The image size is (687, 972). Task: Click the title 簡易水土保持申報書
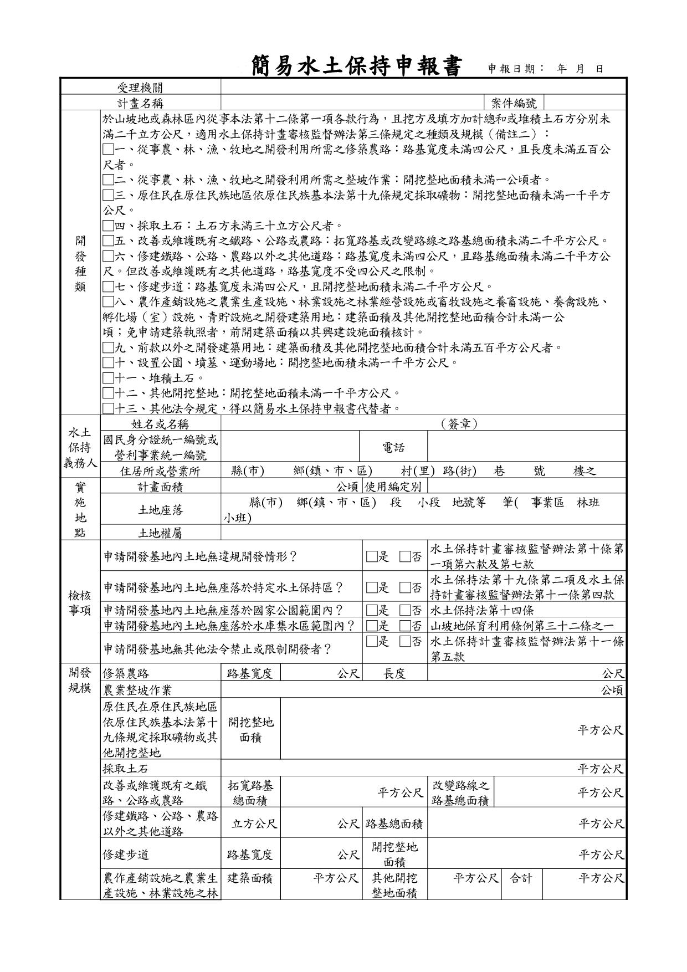pos(356,66)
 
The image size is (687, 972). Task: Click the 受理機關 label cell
pos(140,87)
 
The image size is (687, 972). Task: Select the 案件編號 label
pos(514,103)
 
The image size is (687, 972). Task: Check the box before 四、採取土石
pos(108,226)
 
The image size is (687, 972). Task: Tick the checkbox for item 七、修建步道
pos(108,287)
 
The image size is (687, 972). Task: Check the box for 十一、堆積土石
pos(108,378)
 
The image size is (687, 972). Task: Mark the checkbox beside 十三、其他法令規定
pos(108,409)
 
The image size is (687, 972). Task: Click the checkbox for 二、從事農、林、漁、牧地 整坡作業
pos(108,180)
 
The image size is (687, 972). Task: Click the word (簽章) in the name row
pos(459,424)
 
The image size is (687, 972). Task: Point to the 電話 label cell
pos(393,448)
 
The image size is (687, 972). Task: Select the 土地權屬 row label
pos(160,533)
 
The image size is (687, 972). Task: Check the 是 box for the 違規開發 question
pos(371,556)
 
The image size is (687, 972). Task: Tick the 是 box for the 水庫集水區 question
pos(371,626)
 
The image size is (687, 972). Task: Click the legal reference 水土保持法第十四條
pos(481,611)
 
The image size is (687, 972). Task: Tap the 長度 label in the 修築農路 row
pos(394,674)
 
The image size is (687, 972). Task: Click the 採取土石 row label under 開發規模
pos(125,769)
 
